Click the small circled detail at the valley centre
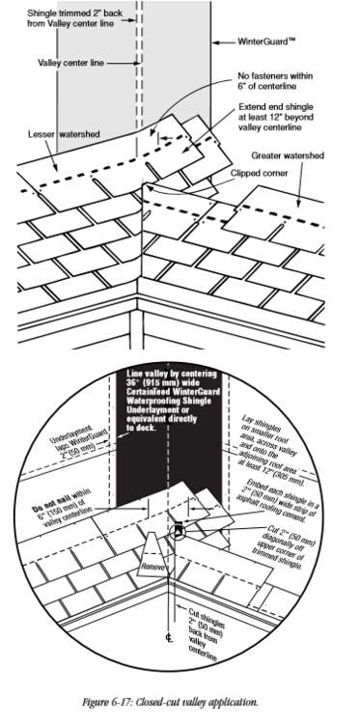(180, 530)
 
